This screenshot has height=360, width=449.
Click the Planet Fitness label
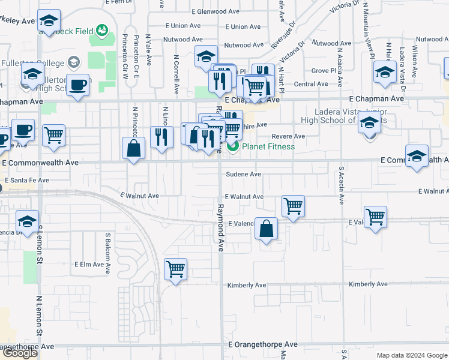268,146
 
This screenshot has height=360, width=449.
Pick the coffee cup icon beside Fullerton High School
77,85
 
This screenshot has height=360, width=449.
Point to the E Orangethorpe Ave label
263,344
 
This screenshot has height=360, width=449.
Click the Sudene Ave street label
243,174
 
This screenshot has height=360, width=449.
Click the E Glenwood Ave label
218,11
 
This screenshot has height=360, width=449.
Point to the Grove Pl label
324,70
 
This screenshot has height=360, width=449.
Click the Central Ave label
310,84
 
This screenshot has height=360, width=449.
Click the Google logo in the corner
20,353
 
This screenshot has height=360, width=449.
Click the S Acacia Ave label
340,185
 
